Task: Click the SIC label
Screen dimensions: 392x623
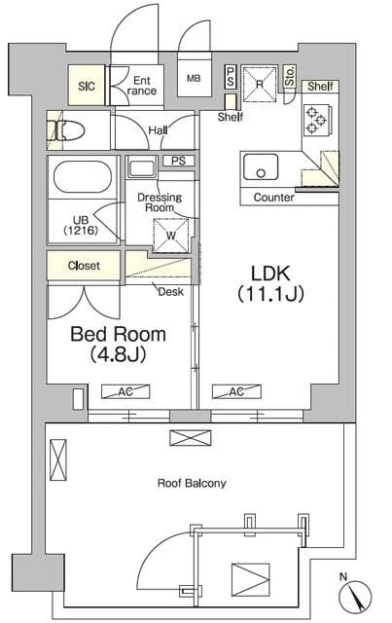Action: click(x=87, y=87)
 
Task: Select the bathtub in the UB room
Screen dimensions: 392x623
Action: click(x=83, y=175)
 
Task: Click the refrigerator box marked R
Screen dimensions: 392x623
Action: click(x=260, y=84)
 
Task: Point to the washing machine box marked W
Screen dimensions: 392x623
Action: click(x=171, y=236)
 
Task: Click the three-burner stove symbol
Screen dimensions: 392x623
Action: click(x=316, y=119)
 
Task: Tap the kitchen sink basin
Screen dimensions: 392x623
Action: click(x=261, y=167)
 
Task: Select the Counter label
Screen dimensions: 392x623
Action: click(x=274, y=198)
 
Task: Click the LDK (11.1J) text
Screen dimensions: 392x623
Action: click(x=270, y=283)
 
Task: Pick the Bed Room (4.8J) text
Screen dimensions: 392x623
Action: click(x=118, y=344)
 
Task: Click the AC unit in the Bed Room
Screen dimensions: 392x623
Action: click(x=125, y=391)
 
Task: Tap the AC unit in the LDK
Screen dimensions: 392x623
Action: click(x=236, y=391)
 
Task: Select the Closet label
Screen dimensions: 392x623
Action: click(x=84, y=266)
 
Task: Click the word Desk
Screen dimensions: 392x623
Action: click(x=171, y=292)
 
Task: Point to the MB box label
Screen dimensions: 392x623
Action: click(x=194, y=78)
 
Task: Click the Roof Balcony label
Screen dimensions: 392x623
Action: click(x=192, y=484)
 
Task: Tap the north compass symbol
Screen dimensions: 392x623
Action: click(x=355, y=595)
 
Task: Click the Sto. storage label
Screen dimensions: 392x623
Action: click(x=290, y=76)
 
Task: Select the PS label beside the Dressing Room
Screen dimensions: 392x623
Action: click(x=179, y=161)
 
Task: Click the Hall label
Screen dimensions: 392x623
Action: click(x=159, y=130)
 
